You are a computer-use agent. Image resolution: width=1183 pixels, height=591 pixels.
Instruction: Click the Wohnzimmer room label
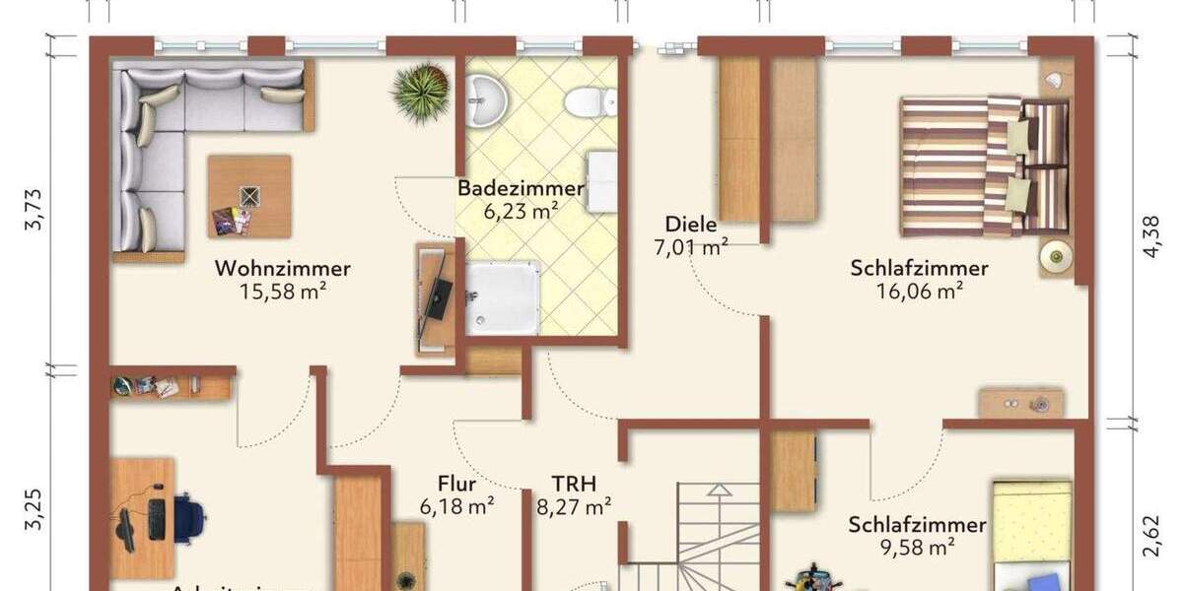pos(283,268)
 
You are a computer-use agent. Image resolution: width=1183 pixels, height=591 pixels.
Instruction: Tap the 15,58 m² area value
pos(283,291)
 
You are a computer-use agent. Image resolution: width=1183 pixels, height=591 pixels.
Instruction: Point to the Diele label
pos(690,224)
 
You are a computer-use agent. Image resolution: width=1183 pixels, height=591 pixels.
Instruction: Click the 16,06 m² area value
pos(919,291)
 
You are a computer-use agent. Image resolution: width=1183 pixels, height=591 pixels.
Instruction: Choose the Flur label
pos(456,485)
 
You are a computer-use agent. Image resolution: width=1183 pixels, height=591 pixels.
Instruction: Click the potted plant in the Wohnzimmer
pos(421,92)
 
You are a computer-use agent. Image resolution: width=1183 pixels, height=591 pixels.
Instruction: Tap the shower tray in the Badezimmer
pos(503,297)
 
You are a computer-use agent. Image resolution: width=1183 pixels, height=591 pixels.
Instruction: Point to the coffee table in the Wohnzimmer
pos(249,196)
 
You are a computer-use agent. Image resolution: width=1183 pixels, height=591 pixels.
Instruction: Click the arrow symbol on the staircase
pos(719,490)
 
